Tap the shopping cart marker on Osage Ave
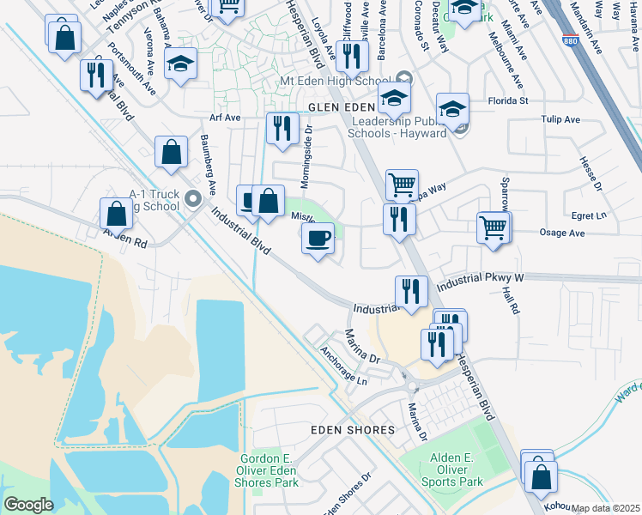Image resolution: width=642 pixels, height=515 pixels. click(x=494, y=228)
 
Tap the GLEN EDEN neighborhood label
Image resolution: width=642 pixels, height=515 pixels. click(x=342, y=107)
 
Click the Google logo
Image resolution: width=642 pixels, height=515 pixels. click(x=28, y=505)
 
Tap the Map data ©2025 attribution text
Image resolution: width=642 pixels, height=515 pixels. click(x=605, y=508)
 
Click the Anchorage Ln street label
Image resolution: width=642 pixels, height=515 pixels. click(x=343, y=366)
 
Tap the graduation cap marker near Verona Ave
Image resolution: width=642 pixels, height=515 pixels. click(x=181, y=64)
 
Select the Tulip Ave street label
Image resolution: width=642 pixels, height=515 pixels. click(x=558, y=120)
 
